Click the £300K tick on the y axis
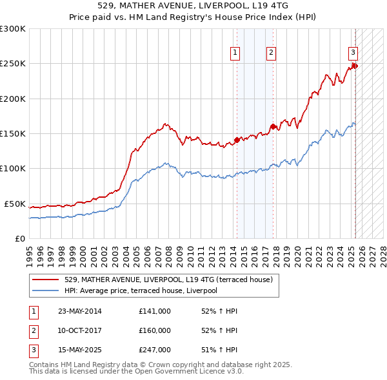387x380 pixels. pyautogui.click(x=13, y=29)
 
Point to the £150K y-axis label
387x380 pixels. pyautogui.click(x=13, y=133)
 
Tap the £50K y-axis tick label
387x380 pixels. pyautogui.click(x=15, y=204)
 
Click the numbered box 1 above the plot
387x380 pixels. pyautogui.click(x=236, y=53)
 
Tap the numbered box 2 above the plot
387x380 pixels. pyautogui.click(x=272, y=53)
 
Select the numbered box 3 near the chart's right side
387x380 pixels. pyautogui.click(x=353, y=53)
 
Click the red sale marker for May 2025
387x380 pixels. pyautogui.click(x=354, y=66)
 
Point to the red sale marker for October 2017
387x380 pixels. pyautogui.click(x=273, y=126)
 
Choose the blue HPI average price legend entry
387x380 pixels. pyautogui.click(x=141, y=290)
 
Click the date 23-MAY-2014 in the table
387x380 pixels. pyautogui.click(x=79, y=311)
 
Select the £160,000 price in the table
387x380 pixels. pyautogui.click(x=155, y=330)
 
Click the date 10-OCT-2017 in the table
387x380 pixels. pyautogui.click(x=79, y=330)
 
